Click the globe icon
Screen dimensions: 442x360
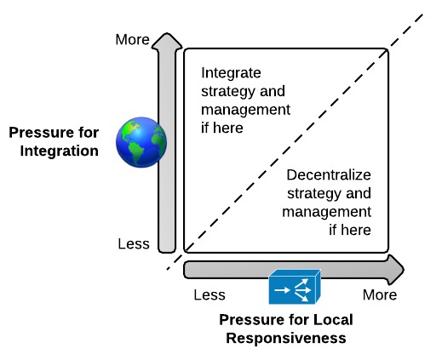pyautogui.click(x=141, y=142)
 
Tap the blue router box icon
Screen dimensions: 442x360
pyautogui.click(x=295, y=287)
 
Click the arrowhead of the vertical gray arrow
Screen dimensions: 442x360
pyautogui.click(x=167, y=41)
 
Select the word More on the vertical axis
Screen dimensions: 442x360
pyautogui.click(x=132, y=39)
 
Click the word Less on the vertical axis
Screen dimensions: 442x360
pyautogui.click(x=134, y=244)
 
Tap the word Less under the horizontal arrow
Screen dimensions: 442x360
pyautogui.click(x=210, y=295)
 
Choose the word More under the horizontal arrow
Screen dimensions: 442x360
pyautogui.click(x=380, y=295)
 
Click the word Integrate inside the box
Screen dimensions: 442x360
pyautogui.click(x=231, y=73)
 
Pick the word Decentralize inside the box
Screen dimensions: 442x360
pyautogui.click(x=329, y=175)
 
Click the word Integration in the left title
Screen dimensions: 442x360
pyautogui.click(x=60, y=151)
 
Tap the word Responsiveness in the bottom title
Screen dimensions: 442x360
pyautogui.click(x=286, y=338)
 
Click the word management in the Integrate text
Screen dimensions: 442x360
pyautogui.click(x=245, y=111)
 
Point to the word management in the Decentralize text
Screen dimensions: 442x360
pyautogui.click(x=327, y=213)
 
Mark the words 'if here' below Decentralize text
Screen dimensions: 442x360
pyautogui.click(x=350, y=230)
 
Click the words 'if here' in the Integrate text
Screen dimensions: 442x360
pyautogui.click(x=222, y=128)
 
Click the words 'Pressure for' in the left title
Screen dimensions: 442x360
pyautogui.click(x=54, y=133)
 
